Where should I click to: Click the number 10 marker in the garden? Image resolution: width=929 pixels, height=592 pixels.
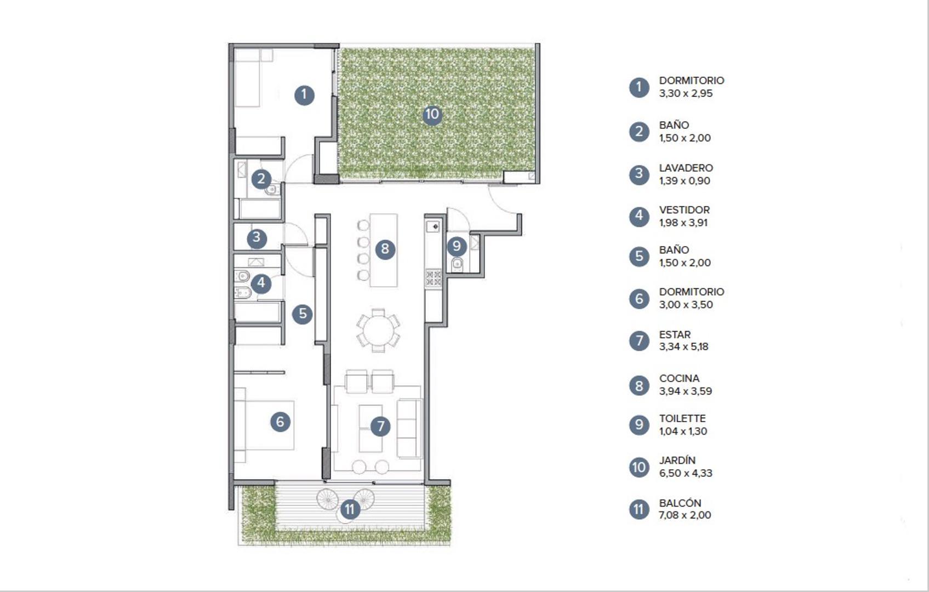click(x=432, y=115)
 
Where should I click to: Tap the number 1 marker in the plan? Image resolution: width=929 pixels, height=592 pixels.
click(x=304, y=95)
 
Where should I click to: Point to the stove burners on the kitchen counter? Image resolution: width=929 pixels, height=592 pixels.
click(x=433, y=278)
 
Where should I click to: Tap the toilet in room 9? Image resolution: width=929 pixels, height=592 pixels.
click(x=457, y=265)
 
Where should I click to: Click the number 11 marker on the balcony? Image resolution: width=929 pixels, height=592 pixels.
click(x=350, y=510)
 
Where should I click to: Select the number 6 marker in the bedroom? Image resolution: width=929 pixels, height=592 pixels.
click(x=280, y=422)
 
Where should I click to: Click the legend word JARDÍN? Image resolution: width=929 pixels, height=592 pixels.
click(x=677, y=460)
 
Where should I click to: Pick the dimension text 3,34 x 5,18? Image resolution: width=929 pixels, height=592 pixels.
click(x=683, y=346)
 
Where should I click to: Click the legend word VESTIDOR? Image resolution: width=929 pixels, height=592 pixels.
click(x=684, y=210)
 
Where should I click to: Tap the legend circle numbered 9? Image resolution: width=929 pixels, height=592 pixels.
click(x=639, y=425)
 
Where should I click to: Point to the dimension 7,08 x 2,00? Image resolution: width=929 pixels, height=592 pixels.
click(x=685, y=515)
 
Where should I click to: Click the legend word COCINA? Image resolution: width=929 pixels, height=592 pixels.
click(x=679, y=378)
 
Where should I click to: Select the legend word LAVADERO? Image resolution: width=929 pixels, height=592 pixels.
click(x=686, y=168)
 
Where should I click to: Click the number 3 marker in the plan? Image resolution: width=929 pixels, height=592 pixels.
click(x=257, y=238)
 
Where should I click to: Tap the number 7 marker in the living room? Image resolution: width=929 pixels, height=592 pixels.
click(x=380, y=426)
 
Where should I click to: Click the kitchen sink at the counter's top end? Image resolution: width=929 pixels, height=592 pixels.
click(x=433, y=226)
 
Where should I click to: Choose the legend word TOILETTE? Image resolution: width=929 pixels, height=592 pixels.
click(x=682, y=418)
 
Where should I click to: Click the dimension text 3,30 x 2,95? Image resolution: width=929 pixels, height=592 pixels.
click(x=686, y=93)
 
